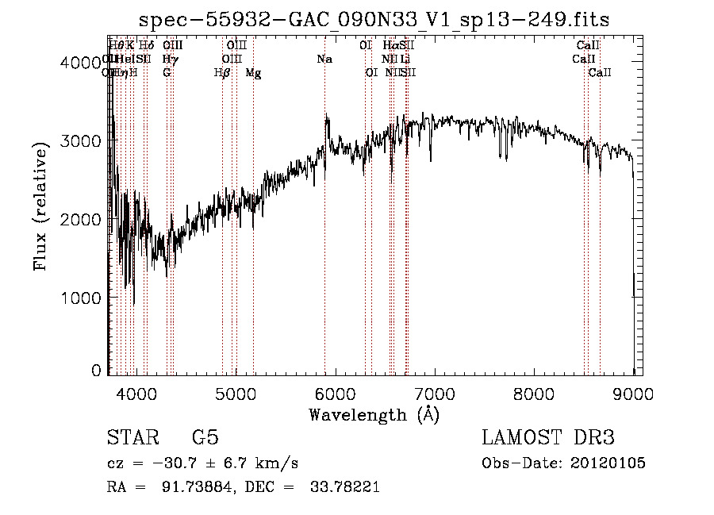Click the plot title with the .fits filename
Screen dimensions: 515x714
(x=374, y=20)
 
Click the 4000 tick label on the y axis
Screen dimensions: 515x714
(x=83, y=62)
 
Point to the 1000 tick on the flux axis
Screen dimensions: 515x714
(x=83, y=298)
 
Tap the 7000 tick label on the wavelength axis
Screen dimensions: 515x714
(x=433, y=393)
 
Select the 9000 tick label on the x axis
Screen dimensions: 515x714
(x=632, y=393)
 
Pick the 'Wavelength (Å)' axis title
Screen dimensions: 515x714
(x=374, y=414)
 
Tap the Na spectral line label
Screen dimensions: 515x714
(x=324, y=60)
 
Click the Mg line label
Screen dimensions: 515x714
(x=253, y=73)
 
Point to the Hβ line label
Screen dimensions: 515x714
(x=222, y=73)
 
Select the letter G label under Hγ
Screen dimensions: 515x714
(x=167, y=73)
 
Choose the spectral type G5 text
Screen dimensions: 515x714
(x=205, y=438)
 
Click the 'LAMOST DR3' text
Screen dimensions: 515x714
(x=548, y=438)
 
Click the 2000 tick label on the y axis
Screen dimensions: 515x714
(x=83, y=219)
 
